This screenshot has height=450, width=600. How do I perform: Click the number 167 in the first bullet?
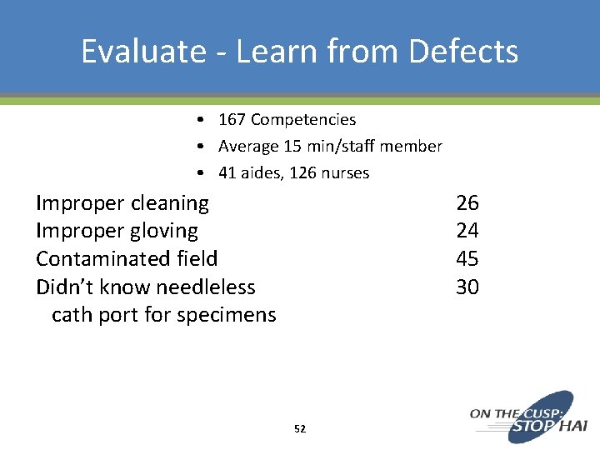click(x=232, y=120)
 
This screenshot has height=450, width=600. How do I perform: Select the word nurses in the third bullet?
click(x=344, y=173)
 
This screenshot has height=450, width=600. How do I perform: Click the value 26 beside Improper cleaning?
click(x=467, y=202)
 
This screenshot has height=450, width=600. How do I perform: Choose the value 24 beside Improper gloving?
click(x=467, y=231)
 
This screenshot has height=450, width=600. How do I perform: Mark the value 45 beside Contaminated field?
click(x=467, y=259)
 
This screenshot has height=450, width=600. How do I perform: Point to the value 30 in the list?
click(x=467, y=287)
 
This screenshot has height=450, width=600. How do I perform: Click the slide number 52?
click(x=300, y=429)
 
